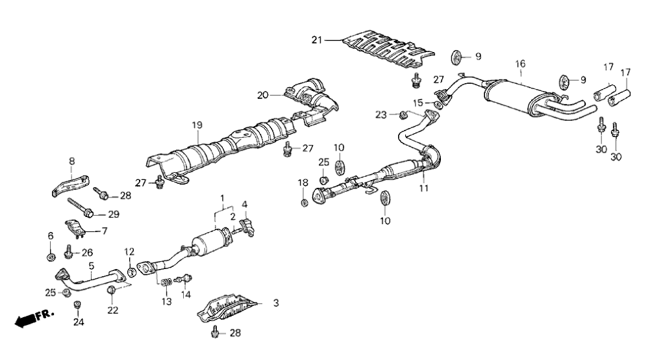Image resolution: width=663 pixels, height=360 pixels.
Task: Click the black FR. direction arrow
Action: (x=26, y=320)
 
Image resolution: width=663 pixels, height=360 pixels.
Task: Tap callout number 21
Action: (x=316, y=40)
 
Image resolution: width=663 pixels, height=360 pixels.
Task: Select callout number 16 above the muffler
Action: (x=520, y=64)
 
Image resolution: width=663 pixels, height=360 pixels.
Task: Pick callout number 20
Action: (x=262, y=95)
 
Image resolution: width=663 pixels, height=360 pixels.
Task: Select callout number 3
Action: (x=275, y=303)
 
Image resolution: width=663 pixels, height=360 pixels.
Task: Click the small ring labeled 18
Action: (x=303, y=203)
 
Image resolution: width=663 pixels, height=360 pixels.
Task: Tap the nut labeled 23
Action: (x=403, y=116)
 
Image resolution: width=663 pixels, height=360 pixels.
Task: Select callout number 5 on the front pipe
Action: (x=92, y=265)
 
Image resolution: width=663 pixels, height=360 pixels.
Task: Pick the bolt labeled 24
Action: (x=79, y=305)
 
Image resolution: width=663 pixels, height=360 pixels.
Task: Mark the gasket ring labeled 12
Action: (x=131, y=271)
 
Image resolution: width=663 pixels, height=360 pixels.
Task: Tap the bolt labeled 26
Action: (x=69, y=249)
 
